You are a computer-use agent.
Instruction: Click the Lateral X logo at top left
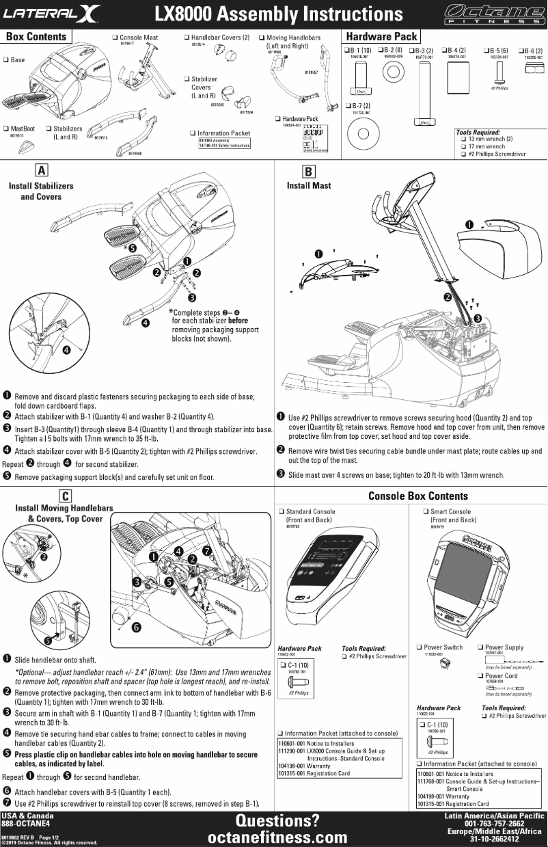coord(52,12)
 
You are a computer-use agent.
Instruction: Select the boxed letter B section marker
coord(308,172)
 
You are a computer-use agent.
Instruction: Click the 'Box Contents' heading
coord(36,36)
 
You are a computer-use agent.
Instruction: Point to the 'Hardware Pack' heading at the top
coord(381,36)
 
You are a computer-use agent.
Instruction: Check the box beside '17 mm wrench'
coord(464,146)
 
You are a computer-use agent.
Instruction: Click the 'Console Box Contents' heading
coord(417,496)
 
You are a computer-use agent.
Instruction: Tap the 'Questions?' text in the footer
coord(277,820)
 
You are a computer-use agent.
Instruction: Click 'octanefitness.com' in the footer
coord(277,837)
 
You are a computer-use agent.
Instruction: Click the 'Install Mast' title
coord(309,185)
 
